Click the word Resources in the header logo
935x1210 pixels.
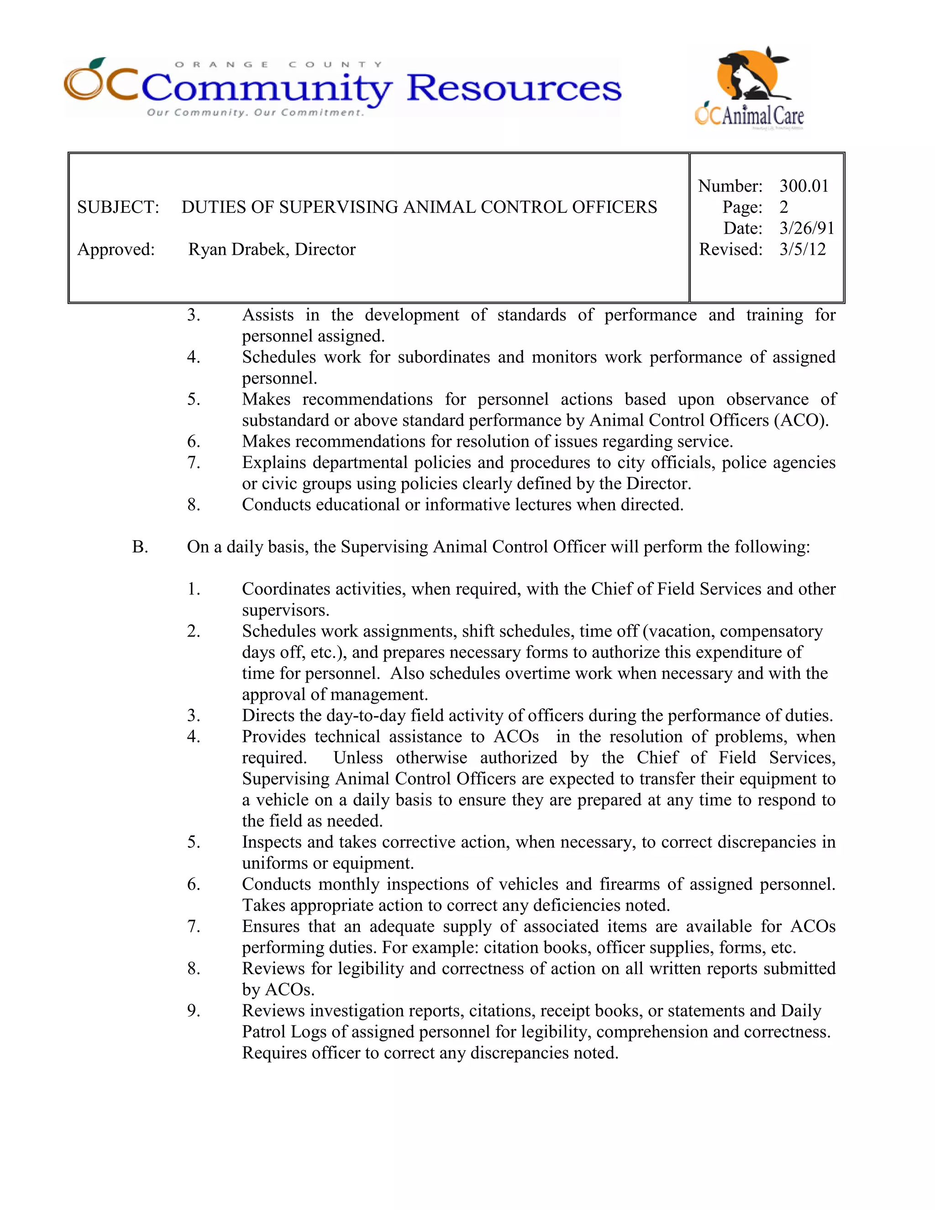pos(514,89)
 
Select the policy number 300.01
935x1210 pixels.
pos(804,186)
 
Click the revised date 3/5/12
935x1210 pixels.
pos(802,249)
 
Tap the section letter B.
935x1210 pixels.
pos(140,547)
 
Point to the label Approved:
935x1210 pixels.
pos(116,249)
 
